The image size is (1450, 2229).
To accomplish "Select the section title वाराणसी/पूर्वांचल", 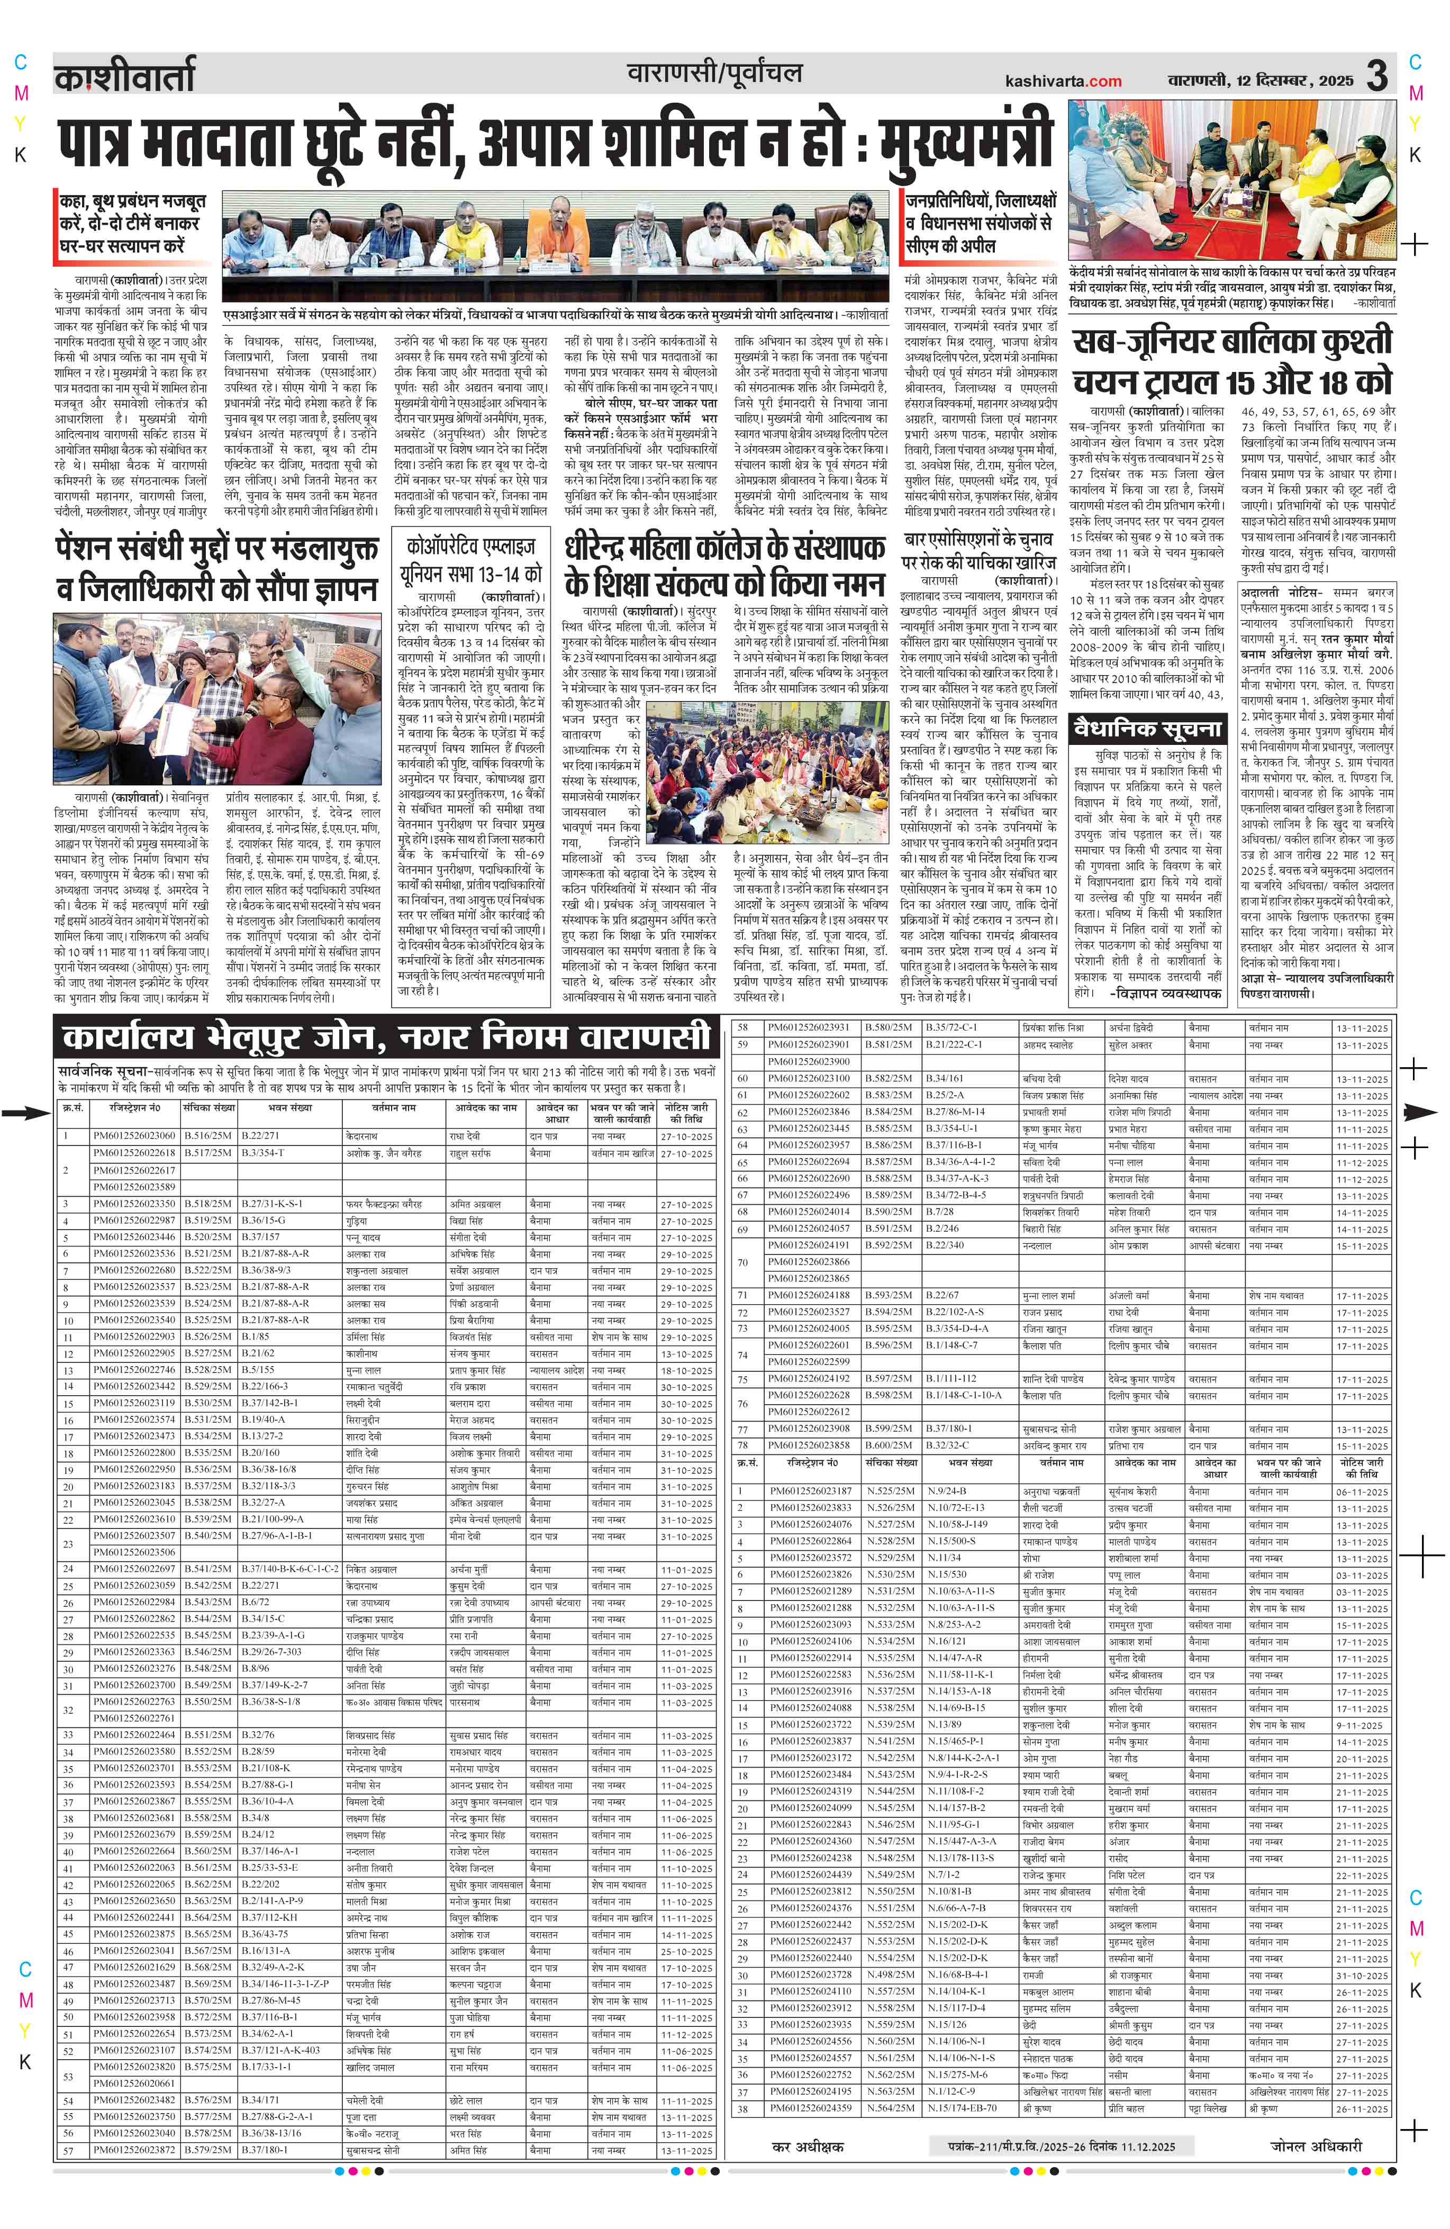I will coord(715,73).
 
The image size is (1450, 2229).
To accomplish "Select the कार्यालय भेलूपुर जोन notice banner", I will coord(385,1038).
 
